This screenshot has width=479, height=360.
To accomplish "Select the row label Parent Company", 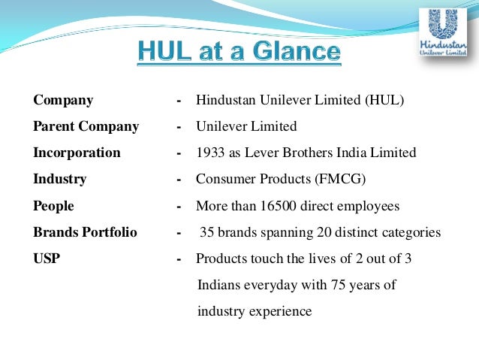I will pos(86,126).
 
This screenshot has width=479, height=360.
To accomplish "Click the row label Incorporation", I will pos(77,153).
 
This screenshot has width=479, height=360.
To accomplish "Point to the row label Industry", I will pos(59,179).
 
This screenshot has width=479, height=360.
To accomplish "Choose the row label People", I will pos(54,205).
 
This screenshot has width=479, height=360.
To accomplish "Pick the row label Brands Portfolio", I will pos(85,232).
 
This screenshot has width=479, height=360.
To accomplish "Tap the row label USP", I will pos(47,259).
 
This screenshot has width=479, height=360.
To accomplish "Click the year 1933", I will pos(211,153).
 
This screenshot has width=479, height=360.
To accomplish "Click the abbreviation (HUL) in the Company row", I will pos(384,100).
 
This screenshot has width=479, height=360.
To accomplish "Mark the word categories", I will pos(411,232).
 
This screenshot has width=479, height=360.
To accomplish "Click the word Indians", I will pos(220,285).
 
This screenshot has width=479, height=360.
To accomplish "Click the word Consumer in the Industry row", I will pos(224,179).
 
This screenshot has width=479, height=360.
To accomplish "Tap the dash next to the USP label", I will pos(179,259).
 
